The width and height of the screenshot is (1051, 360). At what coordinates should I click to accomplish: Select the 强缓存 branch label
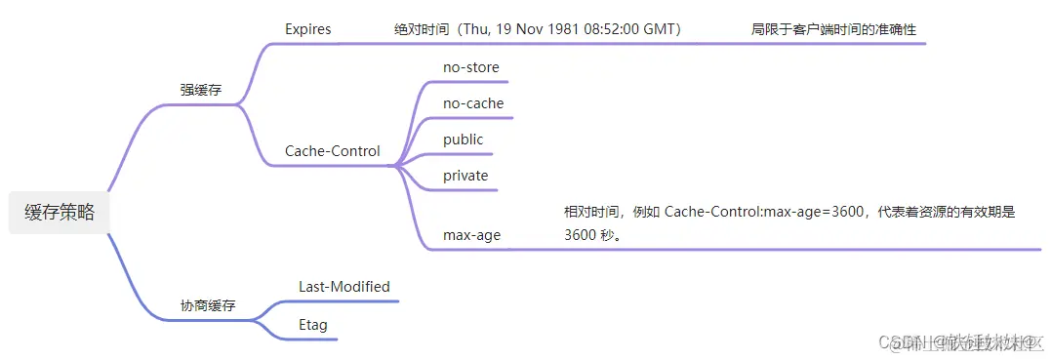pos(201,90)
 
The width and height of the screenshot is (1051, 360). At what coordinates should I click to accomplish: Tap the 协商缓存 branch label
pos(208,305)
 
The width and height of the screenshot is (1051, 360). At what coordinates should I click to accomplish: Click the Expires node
pos(308,29)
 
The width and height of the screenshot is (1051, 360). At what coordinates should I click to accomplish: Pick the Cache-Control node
pos(333,151)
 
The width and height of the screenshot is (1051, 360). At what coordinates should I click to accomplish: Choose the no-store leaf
pos(470,67)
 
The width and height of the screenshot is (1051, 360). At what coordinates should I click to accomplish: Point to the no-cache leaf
pos(473,103)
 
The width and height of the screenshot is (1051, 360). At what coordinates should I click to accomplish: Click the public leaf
pos(464,140)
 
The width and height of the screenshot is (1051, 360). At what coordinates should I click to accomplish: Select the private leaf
pos(465,176)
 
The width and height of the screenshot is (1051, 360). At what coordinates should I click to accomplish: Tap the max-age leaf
pos(472,235)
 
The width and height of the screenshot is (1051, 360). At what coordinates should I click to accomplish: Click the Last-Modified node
pos(344,287)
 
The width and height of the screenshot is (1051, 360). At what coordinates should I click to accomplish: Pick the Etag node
pos(313,324)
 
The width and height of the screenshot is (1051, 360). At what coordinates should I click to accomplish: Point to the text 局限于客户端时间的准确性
pos(833,30)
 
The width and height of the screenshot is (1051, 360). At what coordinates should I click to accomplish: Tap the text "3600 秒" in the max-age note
pos(592,235)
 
